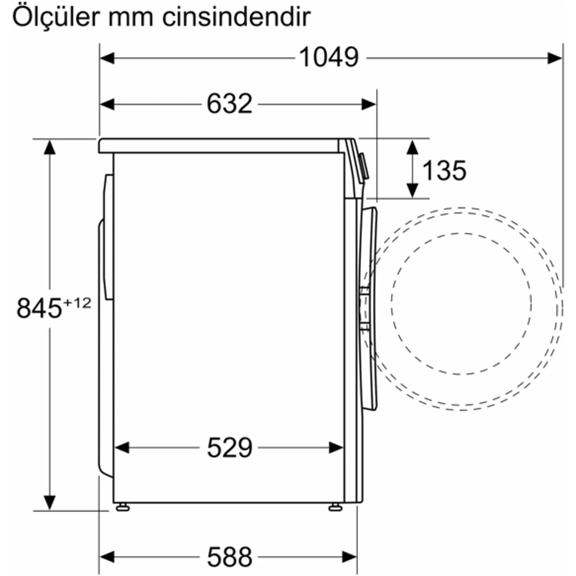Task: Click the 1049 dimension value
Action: [x=329, y=57]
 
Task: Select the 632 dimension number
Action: [x=229, y=104]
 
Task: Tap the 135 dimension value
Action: [x=444, y=170]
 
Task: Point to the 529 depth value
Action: [x=229, y=447]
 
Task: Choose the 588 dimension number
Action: [x=229, y=557]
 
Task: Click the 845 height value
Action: [x=39, y=308]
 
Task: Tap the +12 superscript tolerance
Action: [x=77, y=303]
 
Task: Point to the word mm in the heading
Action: [x=131, y=19]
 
